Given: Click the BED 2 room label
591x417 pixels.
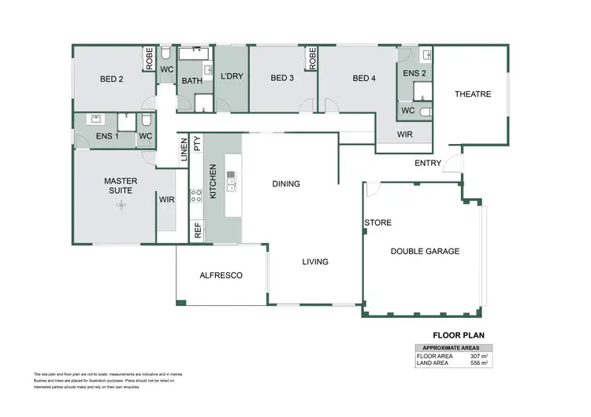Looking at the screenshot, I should point(111,79).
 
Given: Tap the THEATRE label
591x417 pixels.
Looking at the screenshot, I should point(472,94).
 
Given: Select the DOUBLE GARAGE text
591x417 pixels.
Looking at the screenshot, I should point(425,252).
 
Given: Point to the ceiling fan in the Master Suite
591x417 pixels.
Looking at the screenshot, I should point(121,205).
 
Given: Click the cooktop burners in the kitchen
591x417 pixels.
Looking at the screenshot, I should point(196,196).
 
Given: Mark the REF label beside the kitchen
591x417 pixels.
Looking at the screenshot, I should point(198,231).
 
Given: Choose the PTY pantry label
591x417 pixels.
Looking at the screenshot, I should point(197,143).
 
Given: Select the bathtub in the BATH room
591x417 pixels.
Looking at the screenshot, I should point(192,54).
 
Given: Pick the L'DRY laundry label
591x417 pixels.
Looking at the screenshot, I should point(232,77).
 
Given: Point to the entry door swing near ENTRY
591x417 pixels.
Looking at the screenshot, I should point(451,164).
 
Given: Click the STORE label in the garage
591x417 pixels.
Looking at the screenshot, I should point(377,223).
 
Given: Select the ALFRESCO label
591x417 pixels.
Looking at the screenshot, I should point(221,275).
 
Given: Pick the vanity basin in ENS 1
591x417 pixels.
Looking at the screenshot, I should point(95,120).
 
